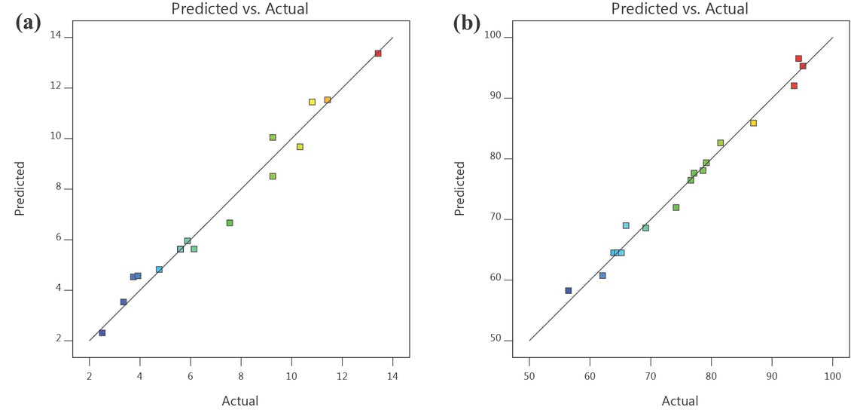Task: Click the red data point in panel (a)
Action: [x=378, y=54]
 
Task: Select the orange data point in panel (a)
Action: [x=328, y=99]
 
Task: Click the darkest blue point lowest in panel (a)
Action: [x=102, y=332]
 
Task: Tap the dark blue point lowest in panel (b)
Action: [x=569, y=290]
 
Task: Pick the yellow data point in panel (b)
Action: [x=753, y=123]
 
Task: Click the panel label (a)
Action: [x=27, y=23]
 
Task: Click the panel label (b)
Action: [x=466, y=23]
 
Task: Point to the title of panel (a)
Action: [x=239, y=9]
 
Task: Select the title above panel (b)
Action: [x=679, y=9]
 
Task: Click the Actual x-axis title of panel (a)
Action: [x=239, y=401]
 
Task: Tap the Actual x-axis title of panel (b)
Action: [x=679, y=401]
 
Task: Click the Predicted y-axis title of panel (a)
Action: [x=20, y=188]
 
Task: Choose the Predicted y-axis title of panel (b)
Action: [x=459, y=188]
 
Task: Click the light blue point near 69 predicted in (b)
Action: [x=626, y=225]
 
